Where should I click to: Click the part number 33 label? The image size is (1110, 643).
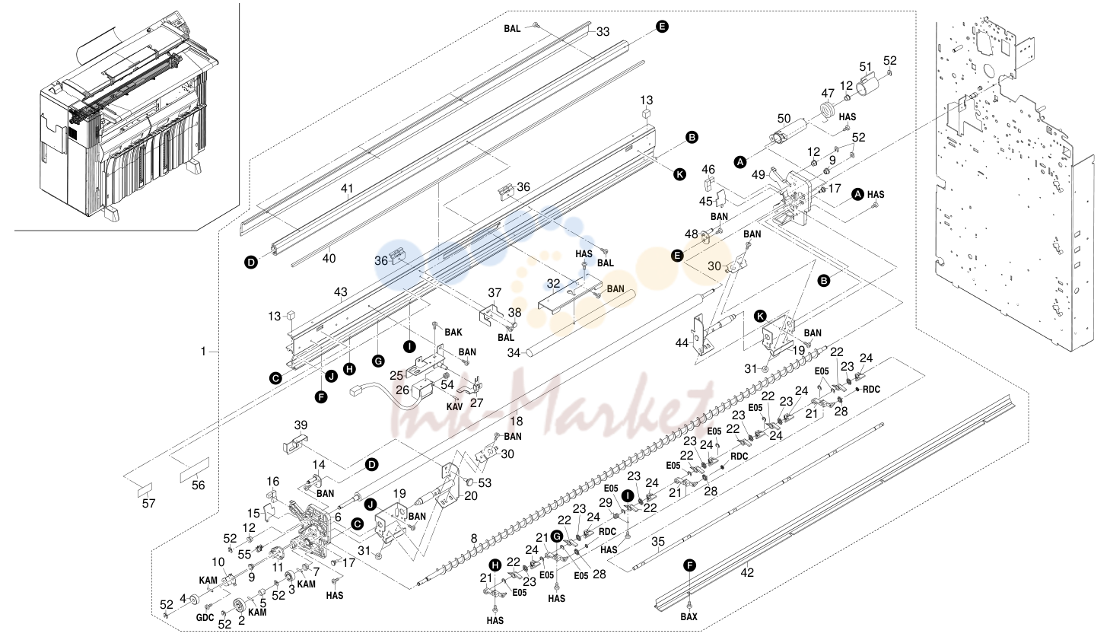pos(603,32)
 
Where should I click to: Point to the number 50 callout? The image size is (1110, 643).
pos(784,119)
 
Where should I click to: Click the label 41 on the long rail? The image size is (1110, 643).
pos(347,189)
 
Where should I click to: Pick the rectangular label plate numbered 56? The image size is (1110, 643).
pos(194,470)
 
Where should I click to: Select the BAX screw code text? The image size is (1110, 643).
pos(689,616)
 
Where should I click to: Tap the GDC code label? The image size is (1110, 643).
pos(205,618)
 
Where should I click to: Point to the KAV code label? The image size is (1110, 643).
pos(454,407)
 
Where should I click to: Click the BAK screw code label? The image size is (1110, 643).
pos(453,333)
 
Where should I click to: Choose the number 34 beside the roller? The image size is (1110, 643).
pos(514,353)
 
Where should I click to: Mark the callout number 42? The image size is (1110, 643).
pos(747,572)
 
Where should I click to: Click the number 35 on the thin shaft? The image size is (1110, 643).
pos(657,543)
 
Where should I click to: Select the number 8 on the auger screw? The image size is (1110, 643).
pos(474,539)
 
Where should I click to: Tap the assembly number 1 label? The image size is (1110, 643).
pos(203,352)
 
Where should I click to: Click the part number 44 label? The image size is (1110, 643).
pos(682,343)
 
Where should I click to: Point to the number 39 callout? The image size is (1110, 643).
pos(301,425)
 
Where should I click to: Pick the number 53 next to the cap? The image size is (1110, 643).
pos(485,483)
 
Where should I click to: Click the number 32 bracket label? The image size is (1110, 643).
pos(553,284)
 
